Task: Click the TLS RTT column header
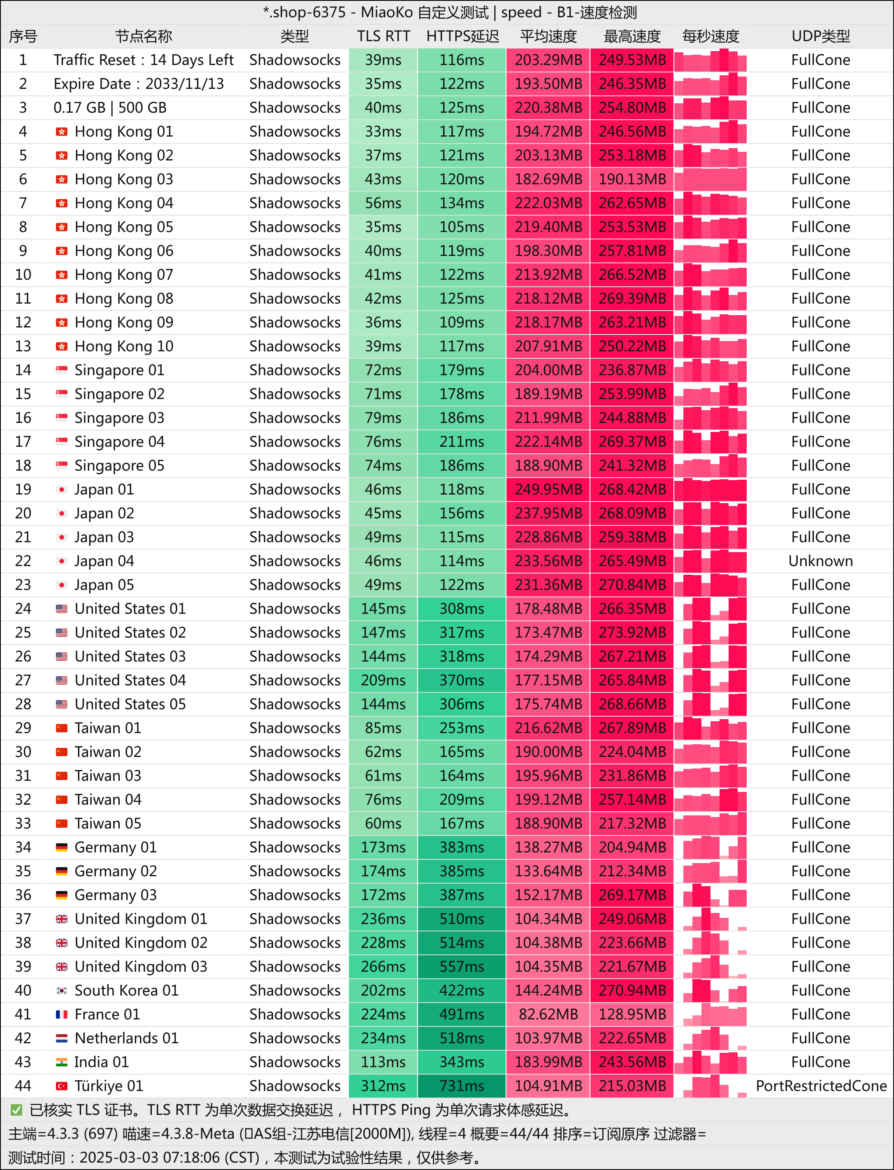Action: click(383, 36)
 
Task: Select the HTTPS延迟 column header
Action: click(462, 36)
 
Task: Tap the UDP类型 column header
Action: click(820, 36)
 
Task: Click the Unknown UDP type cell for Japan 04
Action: click(820, 561)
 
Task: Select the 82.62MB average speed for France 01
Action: click(548, 1014)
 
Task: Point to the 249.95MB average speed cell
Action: click(548, 490)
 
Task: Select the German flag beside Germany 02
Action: click(62, 871)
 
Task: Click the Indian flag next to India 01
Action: click(62, 1062)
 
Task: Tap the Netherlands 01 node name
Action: click(127, 1038)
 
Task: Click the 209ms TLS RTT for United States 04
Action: click(383, 680)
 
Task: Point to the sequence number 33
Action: click(23, 823)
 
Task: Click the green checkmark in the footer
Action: click(16, 1110)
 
